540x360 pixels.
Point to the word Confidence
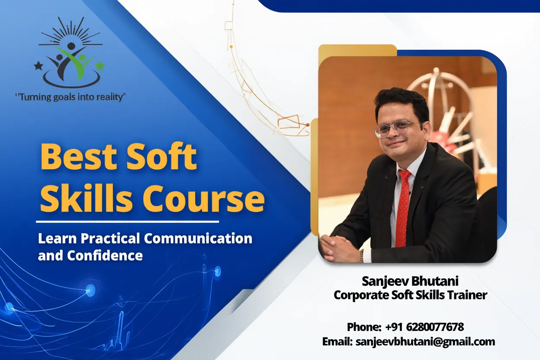coord(105,255)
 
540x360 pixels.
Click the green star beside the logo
coord(100,66)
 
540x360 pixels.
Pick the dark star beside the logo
coord(39,66)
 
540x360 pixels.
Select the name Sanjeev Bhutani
coord(410,282)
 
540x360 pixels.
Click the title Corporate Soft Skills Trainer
coord(410,295)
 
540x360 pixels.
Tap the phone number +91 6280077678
coord(424,327)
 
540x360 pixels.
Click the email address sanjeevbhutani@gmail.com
coord(425,341)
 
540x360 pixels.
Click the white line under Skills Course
coord(128,222)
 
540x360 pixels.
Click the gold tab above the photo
coord(357,50)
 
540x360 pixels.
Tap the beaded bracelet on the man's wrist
coord(362,255)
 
